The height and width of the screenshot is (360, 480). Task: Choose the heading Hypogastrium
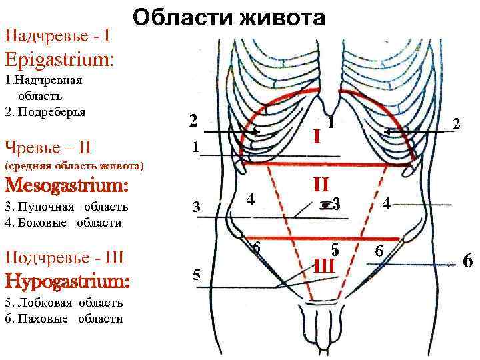66,282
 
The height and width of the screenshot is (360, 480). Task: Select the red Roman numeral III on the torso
323,266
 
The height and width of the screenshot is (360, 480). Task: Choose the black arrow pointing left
414,133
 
